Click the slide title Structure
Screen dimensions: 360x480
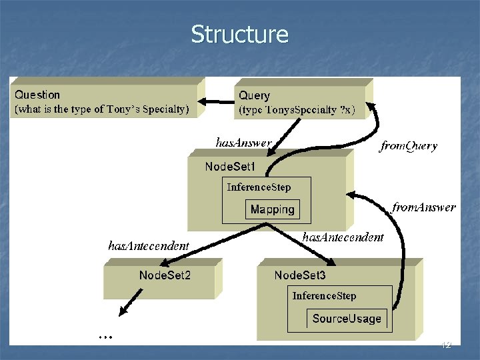click(239, 34)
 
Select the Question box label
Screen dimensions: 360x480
click(37, 95)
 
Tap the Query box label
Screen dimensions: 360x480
click(255, 96)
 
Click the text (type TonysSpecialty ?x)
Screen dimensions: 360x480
click(297, 109)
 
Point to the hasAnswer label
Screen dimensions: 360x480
click(243, 143)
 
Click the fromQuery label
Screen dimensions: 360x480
click(408, 146)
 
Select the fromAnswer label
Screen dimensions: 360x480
click(424, 207)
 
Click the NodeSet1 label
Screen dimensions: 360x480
click(230, 166)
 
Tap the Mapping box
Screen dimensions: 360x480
click(272, 209)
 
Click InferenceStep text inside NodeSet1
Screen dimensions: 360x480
click(259, 187)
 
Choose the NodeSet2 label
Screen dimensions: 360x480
click(165, 275)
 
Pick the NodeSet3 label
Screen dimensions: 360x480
click(300, 275)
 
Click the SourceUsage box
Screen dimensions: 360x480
click(347, 319)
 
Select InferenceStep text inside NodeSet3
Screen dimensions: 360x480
click(324, 296)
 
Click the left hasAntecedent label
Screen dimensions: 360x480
click(148, 246)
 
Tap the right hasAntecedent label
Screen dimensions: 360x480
click(343, 237)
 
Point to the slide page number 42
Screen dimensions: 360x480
click(446, 345)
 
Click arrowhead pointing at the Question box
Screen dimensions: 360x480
click(206, 101)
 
